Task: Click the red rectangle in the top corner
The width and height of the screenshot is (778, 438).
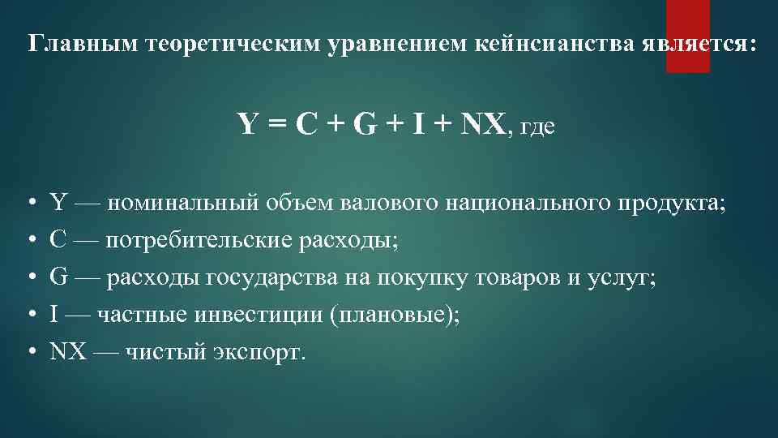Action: coord(687,36)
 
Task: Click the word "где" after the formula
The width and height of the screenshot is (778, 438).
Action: coord(536,127)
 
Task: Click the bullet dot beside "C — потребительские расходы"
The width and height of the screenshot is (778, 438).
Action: coord(30,241)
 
